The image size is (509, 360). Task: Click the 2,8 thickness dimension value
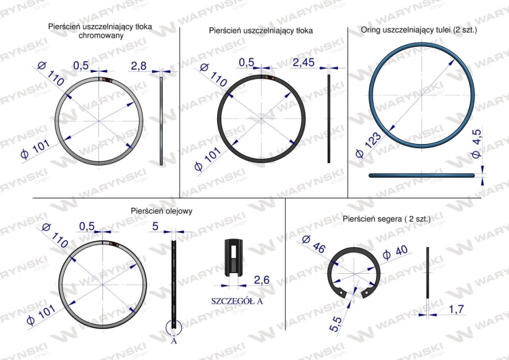pyautogui.click(x=138, y=67)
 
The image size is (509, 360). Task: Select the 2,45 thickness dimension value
pyautogui.click(x=304, y=62)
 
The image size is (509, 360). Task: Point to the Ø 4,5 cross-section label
pyautogui.click(x=476, y=143)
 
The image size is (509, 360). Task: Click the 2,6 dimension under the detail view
pyautogui.click(x=262, y=280)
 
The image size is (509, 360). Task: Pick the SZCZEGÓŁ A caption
pyautogui.click(x=237, y=301)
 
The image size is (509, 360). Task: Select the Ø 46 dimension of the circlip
pyautogui.click(x=314, y=244)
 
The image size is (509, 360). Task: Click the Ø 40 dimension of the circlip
pyautogui.click(x=395, y=253)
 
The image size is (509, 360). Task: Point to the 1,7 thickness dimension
pyautogui.click(x=456, y=309)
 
